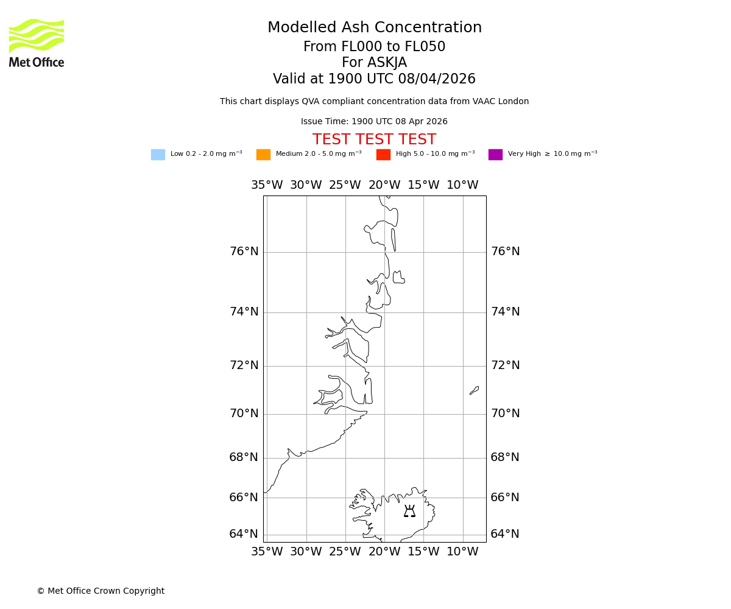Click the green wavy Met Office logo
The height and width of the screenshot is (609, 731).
(37, 35)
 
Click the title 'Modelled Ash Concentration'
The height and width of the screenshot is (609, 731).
(374, 28)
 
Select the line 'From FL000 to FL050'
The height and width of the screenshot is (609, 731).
(374, 47)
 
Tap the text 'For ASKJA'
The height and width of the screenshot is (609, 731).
(374, 63)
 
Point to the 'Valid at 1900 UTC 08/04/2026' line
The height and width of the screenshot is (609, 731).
(374, 79)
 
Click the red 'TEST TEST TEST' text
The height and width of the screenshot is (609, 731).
(374, 140)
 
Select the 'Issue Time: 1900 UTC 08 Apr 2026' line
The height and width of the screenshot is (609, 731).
(374, 122)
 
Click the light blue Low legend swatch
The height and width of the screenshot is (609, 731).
(158, 155)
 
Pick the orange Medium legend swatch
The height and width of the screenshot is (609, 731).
(263, 155)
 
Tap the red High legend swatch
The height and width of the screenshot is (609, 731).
(383, 155)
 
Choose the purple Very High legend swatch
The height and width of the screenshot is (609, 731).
(495, 155)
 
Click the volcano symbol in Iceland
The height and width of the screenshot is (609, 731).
(409, 512)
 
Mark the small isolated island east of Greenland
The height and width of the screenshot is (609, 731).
(474, 390)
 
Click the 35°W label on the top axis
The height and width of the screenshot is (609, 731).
(267, 185)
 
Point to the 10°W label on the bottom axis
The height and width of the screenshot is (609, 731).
(462, 552)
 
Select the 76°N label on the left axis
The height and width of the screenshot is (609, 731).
(244, 252)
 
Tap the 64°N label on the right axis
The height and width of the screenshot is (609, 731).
(505, 534)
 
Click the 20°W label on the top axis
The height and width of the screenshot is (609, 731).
(384, 185)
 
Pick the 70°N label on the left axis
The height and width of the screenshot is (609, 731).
(244, 414)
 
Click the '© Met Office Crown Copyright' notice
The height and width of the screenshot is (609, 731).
(101, 591)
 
